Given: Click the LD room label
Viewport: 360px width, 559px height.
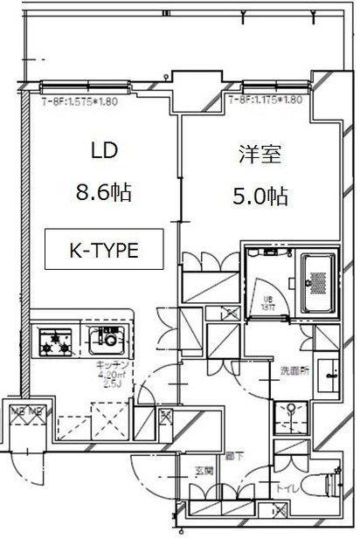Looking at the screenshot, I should tap(103, 151).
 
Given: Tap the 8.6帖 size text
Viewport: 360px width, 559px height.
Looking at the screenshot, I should tap(103, 193).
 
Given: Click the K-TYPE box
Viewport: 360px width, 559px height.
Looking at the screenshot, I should tap(104, 250).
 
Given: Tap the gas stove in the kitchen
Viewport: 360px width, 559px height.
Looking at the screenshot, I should tap(55, 340).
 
